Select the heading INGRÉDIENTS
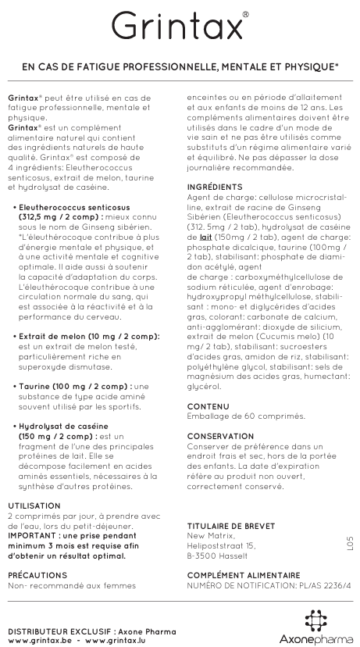tap(215, 188)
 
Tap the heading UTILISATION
tap(34, 506)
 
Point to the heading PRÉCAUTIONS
tap(36, 573)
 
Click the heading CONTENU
tap(208, 406)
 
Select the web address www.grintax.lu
tap(110, 639)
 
